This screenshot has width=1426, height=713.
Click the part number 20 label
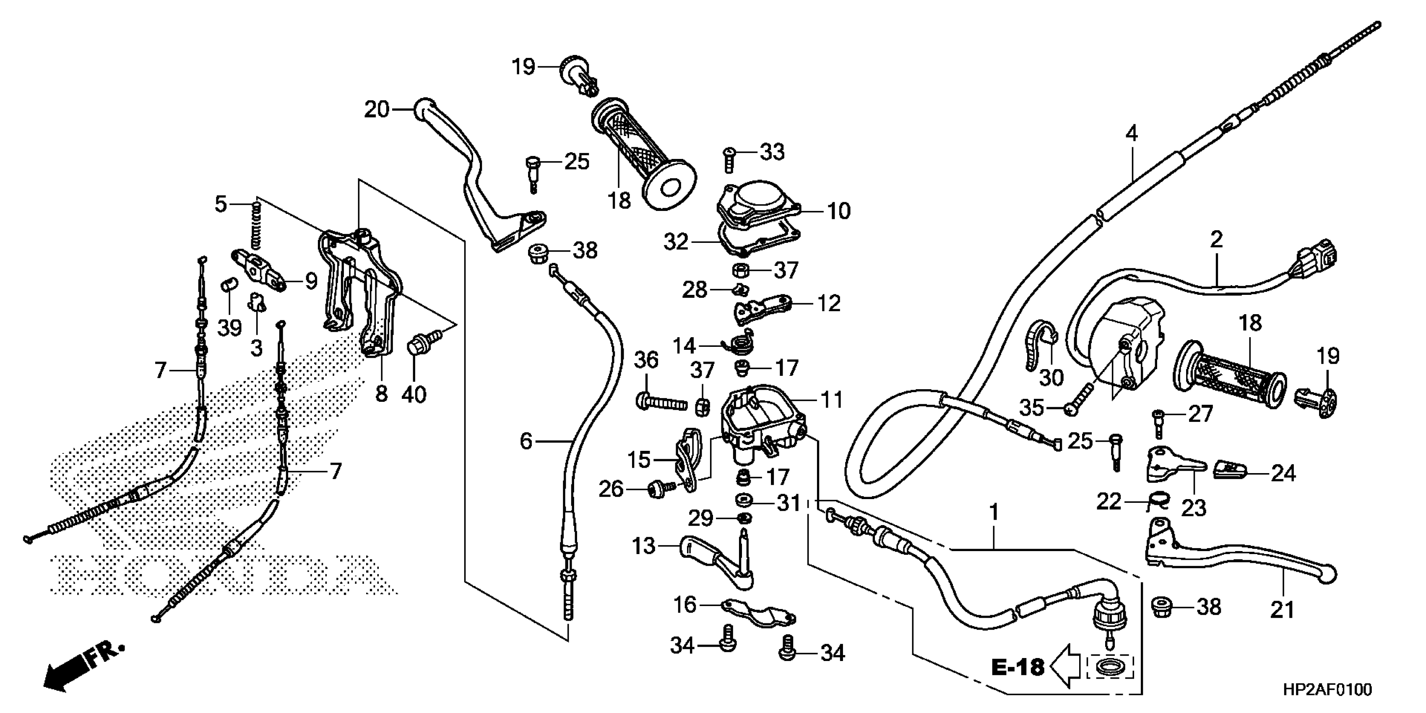[377, 109]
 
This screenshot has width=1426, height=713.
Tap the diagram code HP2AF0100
[1327, 690]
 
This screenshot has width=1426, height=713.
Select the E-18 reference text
[1017, 667]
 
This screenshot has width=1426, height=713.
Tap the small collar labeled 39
[228, 286]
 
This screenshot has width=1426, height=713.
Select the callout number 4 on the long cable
[1132, 133]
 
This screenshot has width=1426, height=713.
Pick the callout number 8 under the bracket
[381, 394]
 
